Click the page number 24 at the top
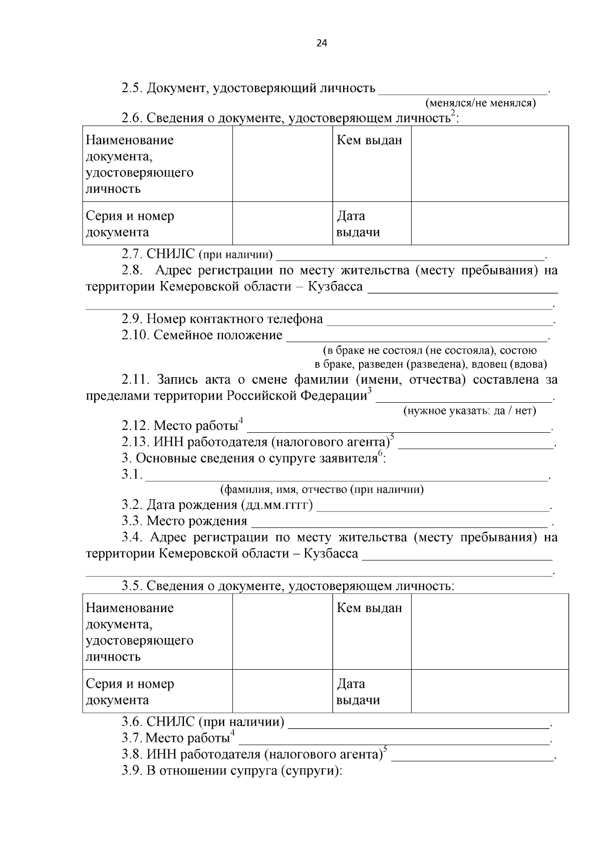pyautogui.click(x=322, y=43)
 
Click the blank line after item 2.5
pyautogui.click(x=463, y=90)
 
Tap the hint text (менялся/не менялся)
pyautogui.click(x=480, y=103)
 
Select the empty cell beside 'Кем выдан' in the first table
pyautogui.click(x=489, y=164)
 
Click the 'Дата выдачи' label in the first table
pyautogui.click(x=358, y=224)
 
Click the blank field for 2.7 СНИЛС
pyautogui.click(x=411, y=256)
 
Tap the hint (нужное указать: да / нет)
pyautogui.click(x=469, y=411)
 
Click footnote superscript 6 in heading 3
pyautogui.click(x=380, y=453)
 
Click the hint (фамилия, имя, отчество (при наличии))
pyautogui.click(x=322, y=489)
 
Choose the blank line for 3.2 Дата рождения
pyautogui.click(x=433, y=506)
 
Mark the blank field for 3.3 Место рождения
pyautogui.click(x=399, y=522)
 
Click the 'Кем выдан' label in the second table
pyautogui.click(x=369, y=608)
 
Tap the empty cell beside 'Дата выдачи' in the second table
pyautogui.click(x=489, y=691)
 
